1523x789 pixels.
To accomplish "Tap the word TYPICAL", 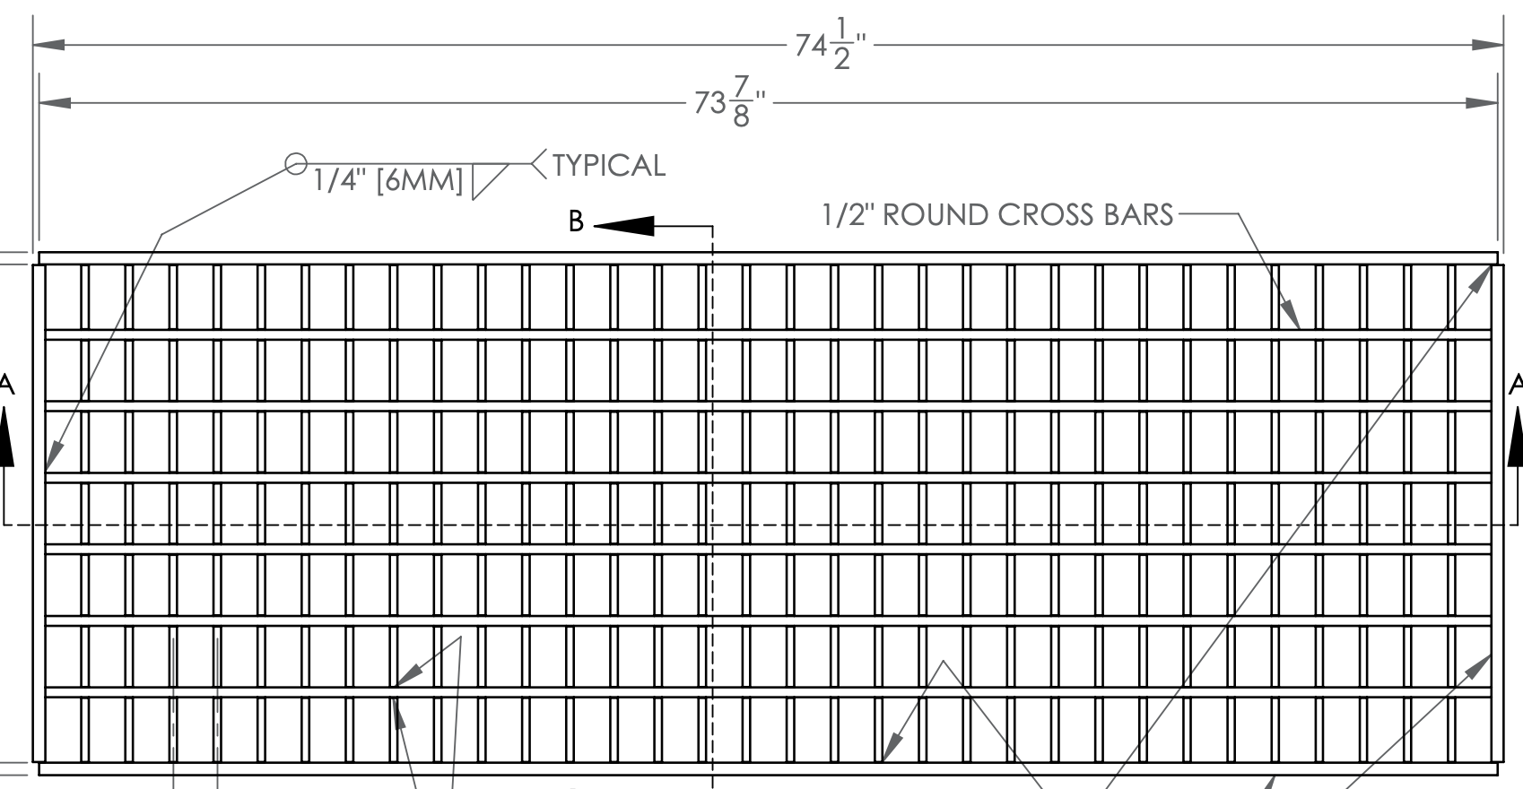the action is click(x=609, y=166).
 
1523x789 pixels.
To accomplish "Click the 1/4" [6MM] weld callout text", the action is click(x=387, y=181).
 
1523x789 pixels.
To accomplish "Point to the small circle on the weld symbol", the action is click(x=295, y=164).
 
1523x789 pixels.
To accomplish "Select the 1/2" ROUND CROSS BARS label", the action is click(x=997, y=215).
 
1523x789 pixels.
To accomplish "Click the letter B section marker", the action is click(x=577, y=221).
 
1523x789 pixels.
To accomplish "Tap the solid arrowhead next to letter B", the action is click(x=624, y=226).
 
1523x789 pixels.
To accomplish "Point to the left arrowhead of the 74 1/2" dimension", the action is click(x=50, y=44).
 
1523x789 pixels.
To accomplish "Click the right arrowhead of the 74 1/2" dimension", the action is click(x=1487, y=44).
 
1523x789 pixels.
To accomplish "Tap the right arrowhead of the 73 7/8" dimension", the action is click(x=1482, y=102).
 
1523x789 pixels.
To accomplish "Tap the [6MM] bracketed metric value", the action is click(x=420, y=181).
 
